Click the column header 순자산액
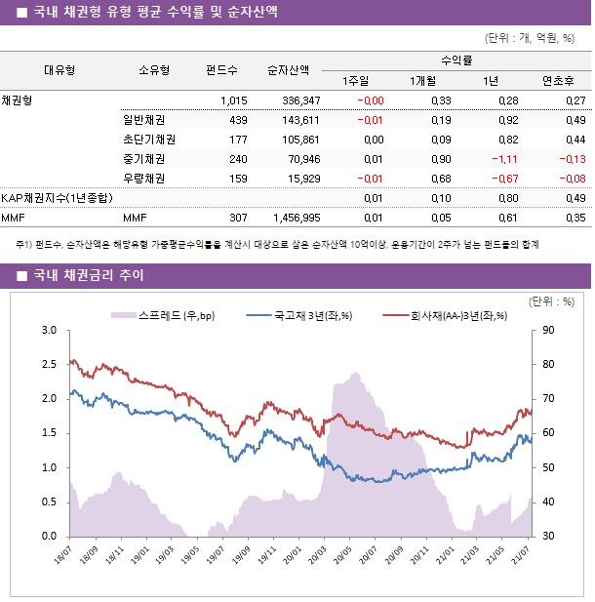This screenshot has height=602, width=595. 289,69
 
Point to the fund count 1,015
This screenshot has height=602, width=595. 234,100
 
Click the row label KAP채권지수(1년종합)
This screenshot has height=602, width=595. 57,198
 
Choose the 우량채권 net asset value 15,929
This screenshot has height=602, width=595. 302,179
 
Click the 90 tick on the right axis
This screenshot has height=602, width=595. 550,331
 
